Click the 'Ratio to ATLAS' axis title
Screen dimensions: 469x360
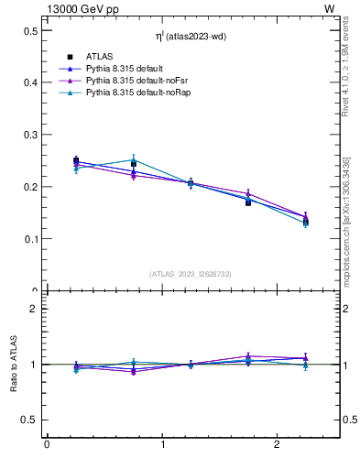coord(15,365)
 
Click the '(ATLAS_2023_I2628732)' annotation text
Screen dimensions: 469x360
coord(190,274)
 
